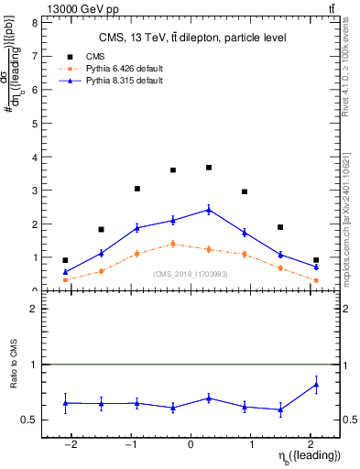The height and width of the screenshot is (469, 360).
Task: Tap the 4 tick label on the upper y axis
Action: point(34,157)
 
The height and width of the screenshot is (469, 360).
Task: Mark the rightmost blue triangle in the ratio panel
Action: point(316,385)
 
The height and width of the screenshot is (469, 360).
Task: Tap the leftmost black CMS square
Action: point(65,260)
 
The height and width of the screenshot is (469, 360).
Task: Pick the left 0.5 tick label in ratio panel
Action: point(31,420)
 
